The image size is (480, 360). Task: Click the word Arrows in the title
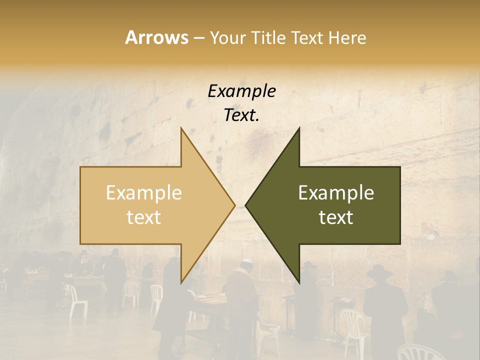(156, 37)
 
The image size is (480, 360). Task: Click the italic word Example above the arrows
(241, 91)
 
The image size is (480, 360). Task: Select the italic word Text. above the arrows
(241, 115)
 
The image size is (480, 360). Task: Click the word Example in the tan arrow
(144, 193)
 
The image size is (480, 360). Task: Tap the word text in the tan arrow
(144, 217)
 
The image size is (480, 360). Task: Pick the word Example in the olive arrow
(336, 193)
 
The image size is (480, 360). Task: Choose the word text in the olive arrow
(336, 217)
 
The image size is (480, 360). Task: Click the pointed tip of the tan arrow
(234, 205)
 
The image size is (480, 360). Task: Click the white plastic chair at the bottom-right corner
(420, 352)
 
